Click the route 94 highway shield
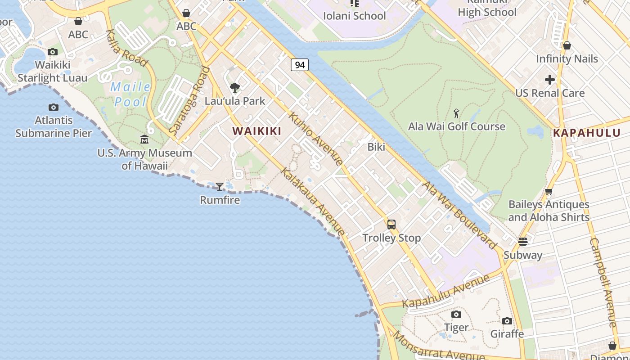point(300,65)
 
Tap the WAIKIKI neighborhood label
point(256,131)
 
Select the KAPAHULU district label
point(586,133)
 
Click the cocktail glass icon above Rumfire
point(220,186)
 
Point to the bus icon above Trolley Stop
point(391,224)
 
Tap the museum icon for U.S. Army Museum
point(144,139)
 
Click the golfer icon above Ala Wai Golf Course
point(457,113)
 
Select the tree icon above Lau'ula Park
point(234,88)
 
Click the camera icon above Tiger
point(456,314)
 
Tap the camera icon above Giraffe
point(507,321)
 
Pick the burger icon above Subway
point(522,242)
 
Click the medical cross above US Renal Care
point(549,80)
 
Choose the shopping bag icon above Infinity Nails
point(567,45)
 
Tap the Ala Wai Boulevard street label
point(459,215)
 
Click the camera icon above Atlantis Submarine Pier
point(54,107)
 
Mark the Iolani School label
point(355,16)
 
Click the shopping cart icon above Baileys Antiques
point(549,192)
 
